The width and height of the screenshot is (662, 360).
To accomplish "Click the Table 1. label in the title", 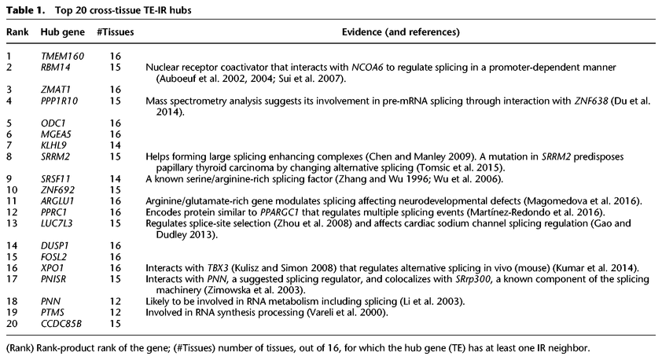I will pos(24,10).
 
